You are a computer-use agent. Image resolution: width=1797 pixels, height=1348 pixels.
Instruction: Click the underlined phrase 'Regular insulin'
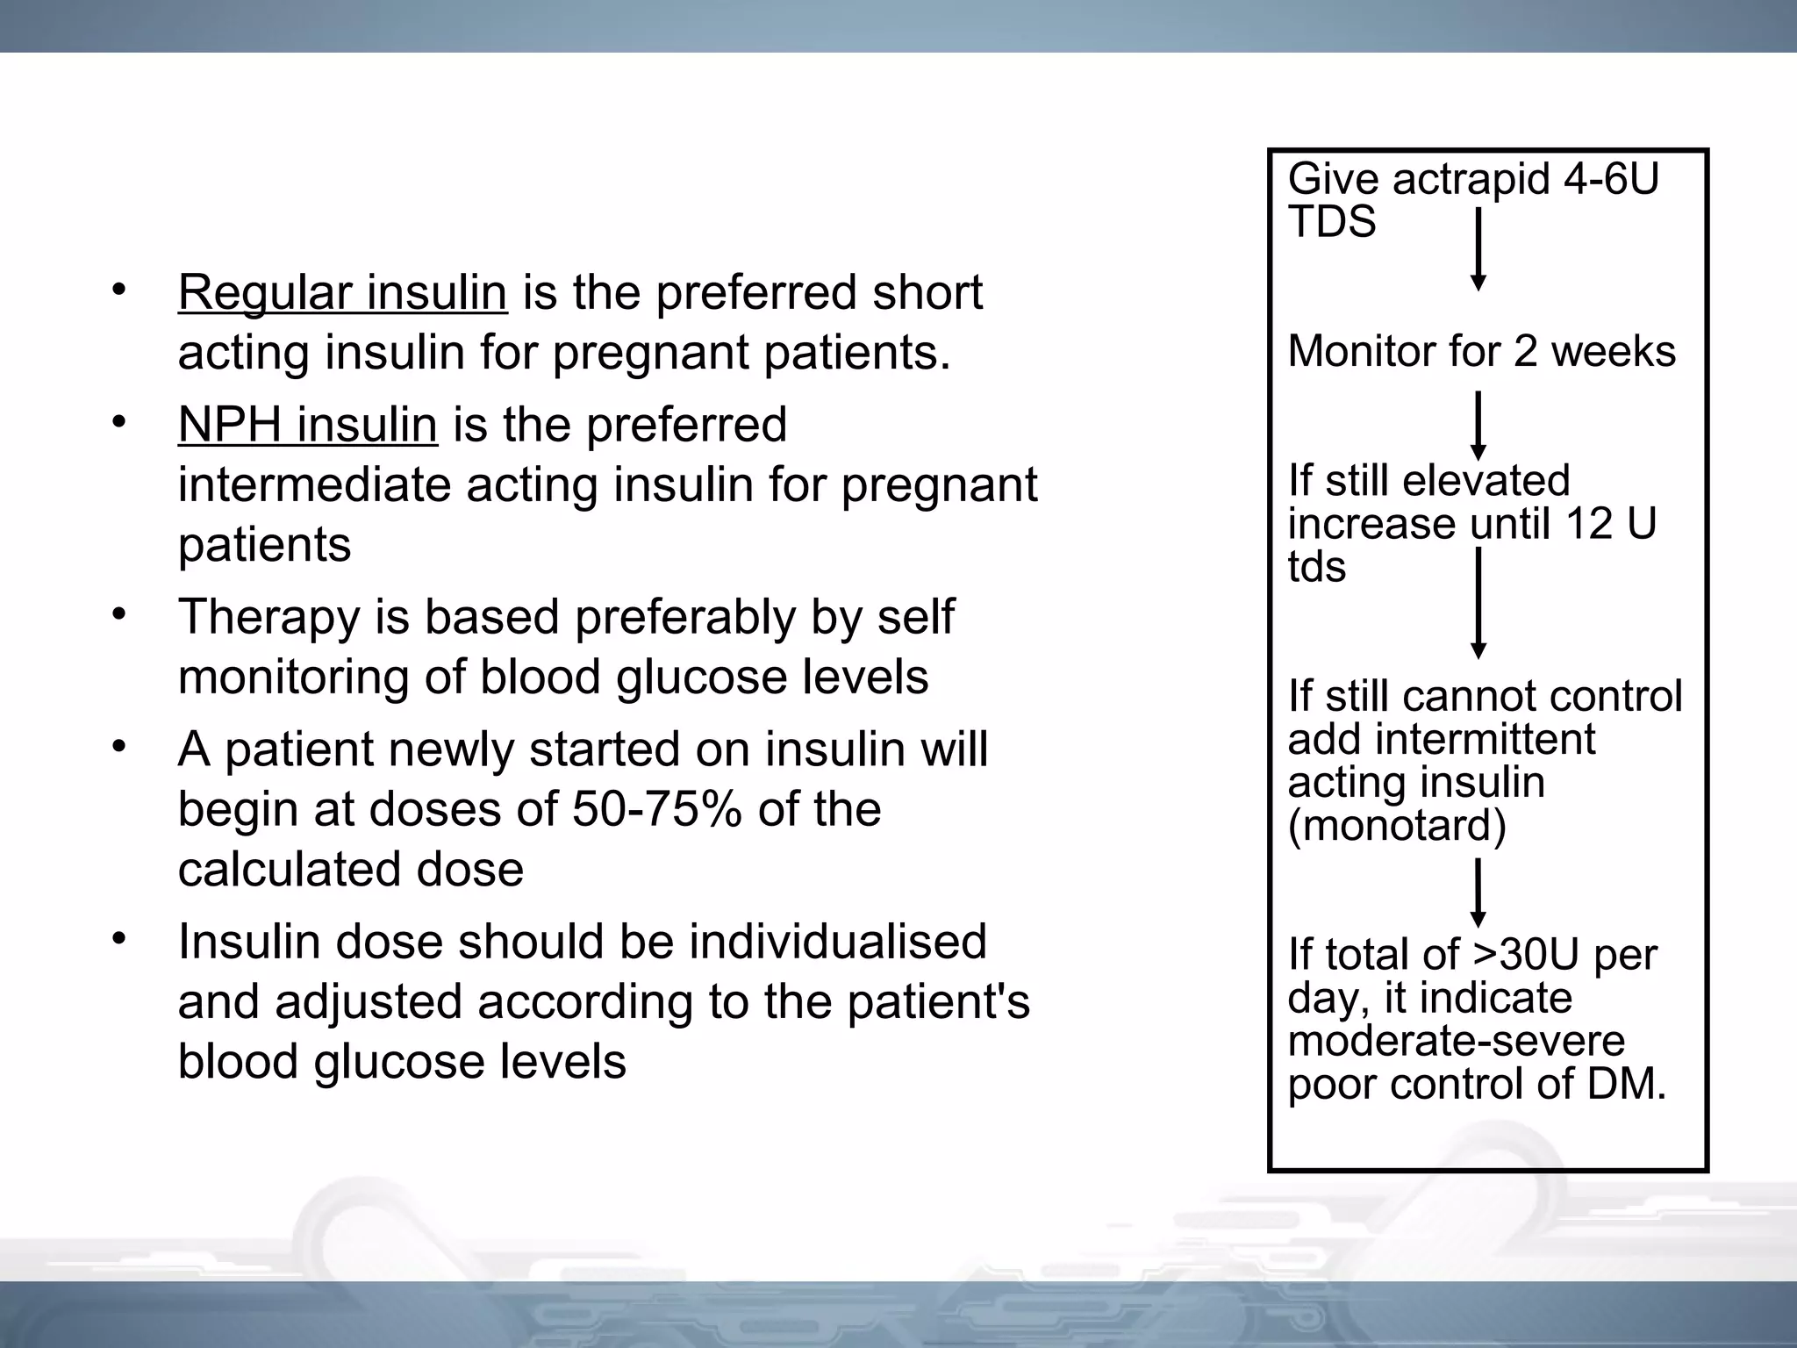(342, 292)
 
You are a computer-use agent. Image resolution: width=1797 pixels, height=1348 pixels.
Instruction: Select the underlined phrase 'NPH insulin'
(307, 425)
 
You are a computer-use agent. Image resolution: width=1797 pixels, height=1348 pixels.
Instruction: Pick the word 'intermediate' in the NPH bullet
(314, 484)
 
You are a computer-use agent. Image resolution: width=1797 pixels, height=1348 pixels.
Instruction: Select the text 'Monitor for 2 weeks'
(1481, 351)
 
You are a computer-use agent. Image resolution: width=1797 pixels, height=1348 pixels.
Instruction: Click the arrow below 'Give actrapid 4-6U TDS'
(1478, 249)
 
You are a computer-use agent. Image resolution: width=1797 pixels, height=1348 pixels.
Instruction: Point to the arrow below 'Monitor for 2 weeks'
(1478, 426)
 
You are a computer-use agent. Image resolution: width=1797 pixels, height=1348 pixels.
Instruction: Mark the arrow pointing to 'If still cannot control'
(1478, 603)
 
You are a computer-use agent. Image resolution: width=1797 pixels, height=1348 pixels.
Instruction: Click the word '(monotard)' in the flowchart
(1397, 825)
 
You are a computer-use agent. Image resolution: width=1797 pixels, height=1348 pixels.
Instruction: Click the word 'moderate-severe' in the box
(1457, 1041)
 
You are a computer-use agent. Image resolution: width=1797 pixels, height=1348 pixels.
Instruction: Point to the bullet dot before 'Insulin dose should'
(120, 939)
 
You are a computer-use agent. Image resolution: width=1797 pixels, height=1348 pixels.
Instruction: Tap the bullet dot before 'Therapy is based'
(120, 614)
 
